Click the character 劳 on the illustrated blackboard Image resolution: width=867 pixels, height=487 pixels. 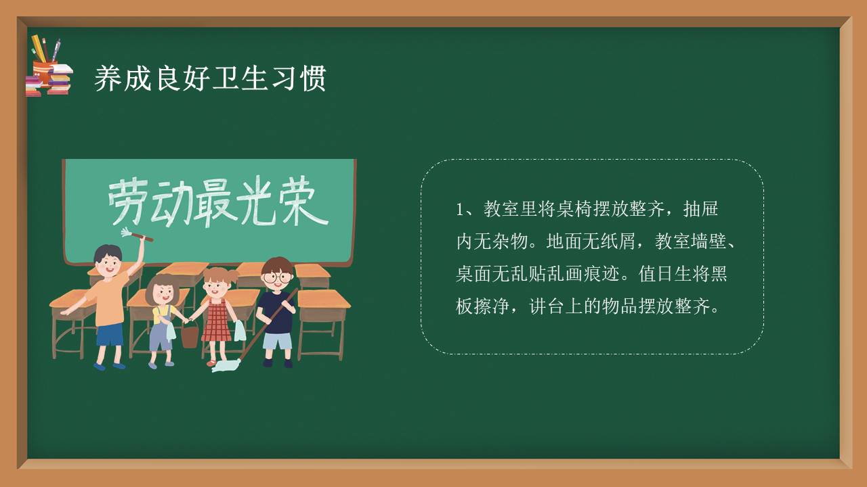coord(127,202)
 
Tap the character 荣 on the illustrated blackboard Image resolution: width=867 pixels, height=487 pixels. coord(303,202)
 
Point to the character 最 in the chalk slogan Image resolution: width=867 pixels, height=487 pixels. coord(215,202)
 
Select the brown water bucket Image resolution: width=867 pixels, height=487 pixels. coord(190,335)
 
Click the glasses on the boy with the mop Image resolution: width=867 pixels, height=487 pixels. coord(276,277)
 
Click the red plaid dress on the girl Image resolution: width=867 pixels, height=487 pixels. coord(216,321)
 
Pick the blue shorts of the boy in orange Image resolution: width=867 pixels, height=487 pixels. coord(110,334)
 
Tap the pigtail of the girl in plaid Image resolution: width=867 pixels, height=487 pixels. coord(234,275)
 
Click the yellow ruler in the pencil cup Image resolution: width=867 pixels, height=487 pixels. coord(38,48)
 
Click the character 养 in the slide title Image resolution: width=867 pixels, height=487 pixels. coord(108,78)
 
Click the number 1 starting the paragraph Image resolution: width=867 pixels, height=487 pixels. coord(460,209)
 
